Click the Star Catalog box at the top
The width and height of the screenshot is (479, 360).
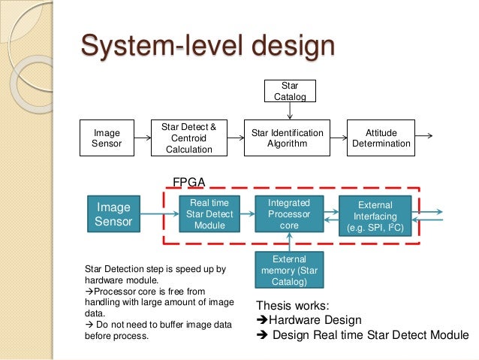pos(290,90)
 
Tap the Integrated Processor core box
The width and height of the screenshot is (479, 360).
pos(288,213)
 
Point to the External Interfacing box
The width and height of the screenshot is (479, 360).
pos(375,215)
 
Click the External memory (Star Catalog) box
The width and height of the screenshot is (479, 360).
pos(288,270)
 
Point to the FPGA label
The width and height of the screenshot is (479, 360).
pos(190,181)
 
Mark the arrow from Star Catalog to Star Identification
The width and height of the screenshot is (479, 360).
pos(290,111)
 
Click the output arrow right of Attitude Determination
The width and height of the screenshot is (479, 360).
pos(424,136)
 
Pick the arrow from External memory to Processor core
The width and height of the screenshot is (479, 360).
pos(289,242)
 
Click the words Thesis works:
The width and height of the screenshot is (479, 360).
pos(292,306)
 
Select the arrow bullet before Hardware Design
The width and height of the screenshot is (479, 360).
pos(263,320)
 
